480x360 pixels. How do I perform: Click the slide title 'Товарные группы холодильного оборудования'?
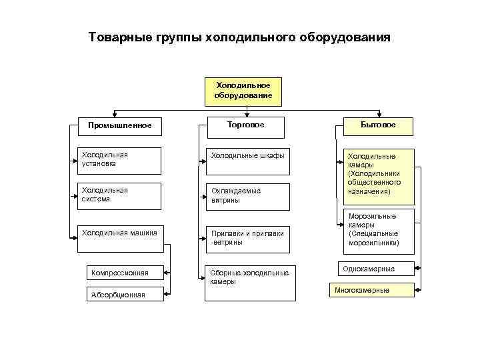click(x=239, y=37)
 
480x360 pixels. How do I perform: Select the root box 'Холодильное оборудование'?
click(x=243, y=91)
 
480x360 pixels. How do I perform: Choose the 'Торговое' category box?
click(x=245, y=125)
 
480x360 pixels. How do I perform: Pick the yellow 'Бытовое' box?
click(x=378, y=125)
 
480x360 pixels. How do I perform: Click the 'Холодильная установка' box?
click(x=119, y=160)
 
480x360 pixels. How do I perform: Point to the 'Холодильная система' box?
click(x=119, y=195)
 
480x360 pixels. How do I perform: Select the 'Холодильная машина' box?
click(x=119, y=239)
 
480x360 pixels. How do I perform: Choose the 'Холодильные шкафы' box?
click(x=247, y=160)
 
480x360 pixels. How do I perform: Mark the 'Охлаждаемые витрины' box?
click(x=247, y=196)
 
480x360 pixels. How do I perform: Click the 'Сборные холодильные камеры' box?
click(x=248, y=279)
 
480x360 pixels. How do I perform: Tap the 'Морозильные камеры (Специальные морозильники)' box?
click(x=373, y=229)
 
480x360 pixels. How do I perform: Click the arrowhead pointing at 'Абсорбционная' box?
click(x=167, y=294)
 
